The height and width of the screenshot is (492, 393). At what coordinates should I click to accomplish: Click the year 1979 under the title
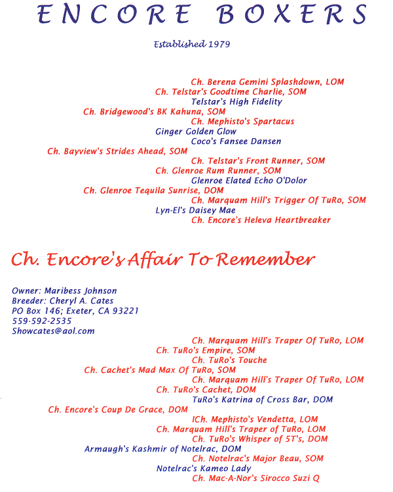coord(219,44)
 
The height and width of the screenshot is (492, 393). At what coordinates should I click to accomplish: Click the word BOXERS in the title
coord(292,14)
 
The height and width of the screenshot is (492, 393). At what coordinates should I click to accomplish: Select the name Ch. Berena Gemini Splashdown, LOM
coord(267,82)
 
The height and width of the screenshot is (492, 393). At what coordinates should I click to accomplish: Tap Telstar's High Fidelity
coord(236,101)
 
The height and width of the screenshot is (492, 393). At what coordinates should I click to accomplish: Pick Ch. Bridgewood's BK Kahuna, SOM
coord(154,112)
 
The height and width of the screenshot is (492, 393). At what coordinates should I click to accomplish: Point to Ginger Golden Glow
coord(196,132)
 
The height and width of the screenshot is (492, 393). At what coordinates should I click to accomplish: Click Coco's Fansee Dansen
coord(236,141)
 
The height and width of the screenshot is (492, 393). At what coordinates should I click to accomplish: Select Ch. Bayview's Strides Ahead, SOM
coord(117,151)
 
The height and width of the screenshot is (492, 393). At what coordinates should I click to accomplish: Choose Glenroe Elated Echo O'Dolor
coord(249,181)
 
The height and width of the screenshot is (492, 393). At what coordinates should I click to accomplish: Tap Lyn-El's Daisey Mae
coord(195,210)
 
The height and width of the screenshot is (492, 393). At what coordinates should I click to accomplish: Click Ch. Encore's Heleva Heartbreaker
coord(261,220)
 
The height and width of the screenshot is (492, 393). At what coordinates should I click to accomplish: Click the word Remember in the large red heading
coord(265,259)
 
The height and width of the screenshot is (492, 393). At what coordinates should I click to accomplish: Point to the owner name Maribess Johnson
coord(81,291)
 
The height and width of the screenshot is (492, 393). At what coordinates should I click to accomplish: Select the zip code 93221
coord(125,311)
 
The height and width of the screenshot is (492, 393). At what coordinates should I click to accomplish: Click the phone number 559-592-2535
coord(42,321)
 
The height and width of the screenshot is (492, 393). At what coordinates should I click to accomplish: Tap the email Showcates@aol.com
coord(53,331)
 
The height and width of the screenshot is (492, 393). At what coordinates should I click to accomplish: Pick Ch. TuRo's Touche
coord(229,360)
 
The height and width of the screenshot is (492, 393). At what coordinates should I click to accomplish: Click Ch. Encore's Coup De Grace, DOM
coord(118,410)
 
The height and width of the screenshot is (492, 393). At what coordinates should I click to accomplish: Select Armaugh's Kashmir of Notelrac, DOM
coord(162,449)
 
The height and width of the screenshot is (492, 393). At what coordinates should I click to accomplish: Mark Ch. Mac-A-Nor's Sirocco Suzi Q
coord(255,478)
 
